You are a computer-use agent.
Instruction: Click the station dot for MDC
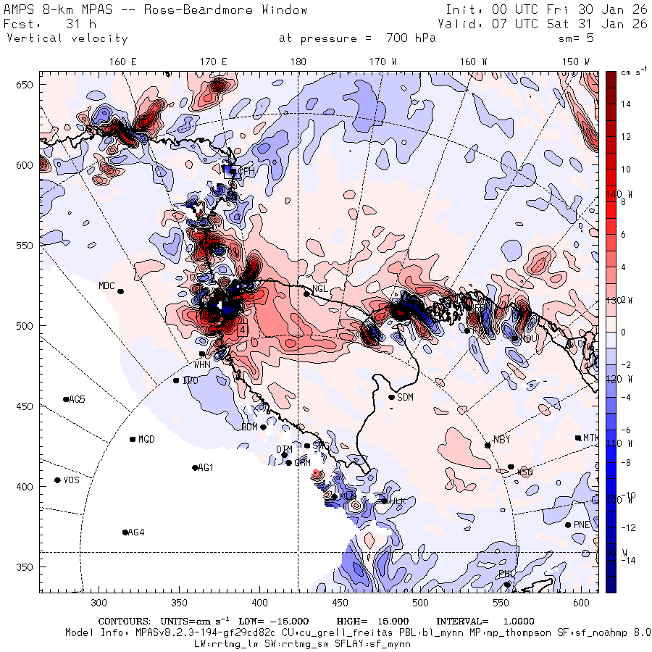point(121,291)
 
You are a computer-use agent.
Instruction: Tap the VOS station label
point(71,480)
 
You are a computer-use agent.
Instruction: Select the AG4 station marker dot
point(125,532)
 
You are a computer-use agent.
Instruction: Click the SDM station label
point(406,397)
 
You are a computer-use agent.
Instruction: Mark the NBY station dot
point(488,446)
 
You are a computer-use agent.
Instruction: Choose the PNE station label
point(582,524)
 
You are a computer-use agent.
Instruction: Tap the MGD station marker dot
point(133,439)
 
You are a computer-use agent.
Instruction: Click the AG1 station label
point(206,467)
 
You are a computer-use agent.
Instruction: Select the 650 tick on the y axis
point(26,85)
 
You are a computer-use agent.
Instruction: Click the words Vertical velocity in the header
point(67,38)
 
